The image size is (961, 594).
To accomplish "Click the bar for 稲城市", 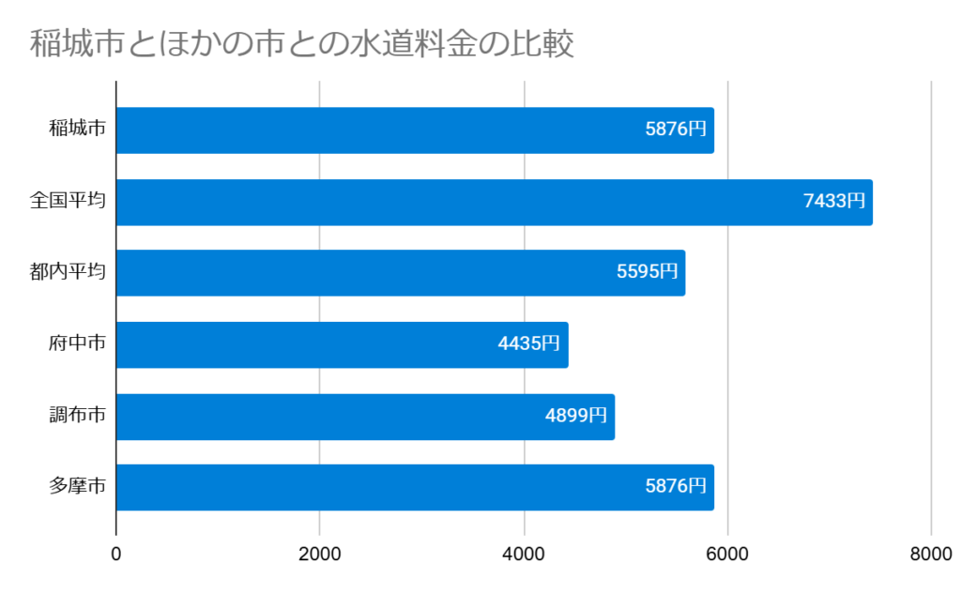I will tap(415, 130).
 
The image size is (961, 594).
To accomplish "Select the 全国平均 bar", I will tap(494, 202).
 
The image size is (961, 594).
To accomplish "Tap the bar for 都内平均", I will tap(400, 273).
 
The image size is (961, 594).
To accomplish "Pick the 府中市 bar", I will tap(342, 344).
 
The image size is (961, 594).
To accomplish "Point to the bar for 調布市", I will tap(364, 416).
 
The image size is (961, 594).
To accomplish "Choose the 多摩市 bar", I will tap(415, 487).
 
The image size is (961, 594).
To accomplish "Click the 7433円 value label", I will tap(833, 201).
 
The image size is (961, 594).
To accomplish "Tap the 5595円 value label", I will tap(647, 272).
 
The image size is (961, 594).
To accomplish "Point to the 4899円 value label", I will tap(576, 416).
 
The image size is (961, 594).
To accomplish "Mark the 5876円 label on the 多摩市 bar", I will tap(675, 487).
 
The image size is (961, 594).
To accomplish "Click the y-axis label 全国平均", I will tap(67, 201).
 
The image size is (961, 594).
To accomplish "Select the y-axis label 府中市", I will tap(76, 343).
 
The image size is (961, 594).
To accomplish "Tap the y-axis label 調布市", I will tap(76, 415).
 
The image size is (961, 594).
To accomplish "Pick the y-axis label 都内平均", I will tap(67, 272).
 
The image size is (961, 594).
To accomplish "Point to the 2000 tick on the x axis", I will tap(320, 555).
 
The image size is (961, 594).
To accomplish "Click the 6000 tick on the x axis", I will tap(727, 555).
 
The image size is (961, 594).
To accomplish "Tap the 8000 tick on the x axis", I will tap(931, 555).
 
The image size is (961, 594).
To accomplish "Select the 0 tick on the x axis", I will tap(116, 555).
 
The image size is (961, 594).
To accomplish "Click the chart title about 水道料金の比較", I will tap(301, 44).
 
